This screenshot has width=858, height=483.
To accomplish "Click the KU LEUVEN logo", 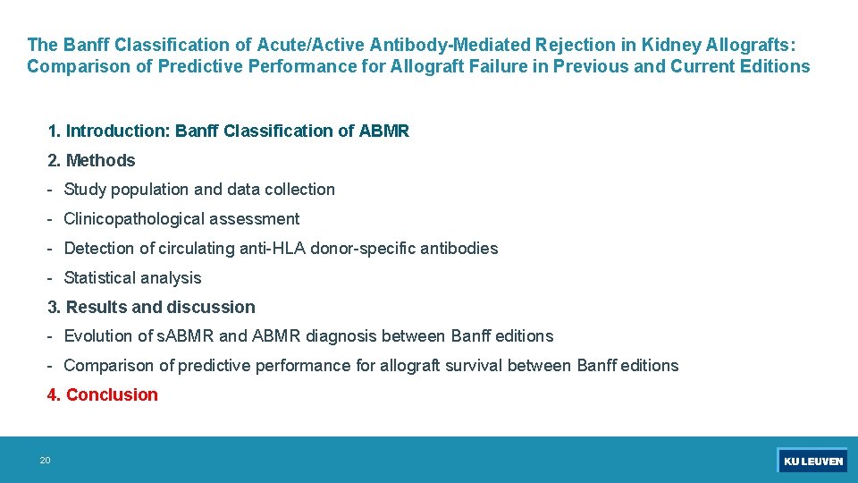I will (x=812, y=461).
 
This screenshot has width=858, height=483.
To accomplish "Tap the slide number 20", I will (x=45, y=461).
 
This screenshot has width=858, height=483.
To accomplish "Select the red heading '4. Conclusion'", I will (x=103, y=394).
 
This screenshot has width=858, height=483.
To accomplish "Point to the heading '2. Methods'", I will (x=91, y=160).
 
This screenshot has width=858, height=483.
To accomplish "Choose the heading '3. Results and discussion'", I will (x=151, y=307).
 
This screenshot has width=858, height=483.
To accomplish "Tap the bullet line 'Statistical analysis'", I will (x=132, y=277).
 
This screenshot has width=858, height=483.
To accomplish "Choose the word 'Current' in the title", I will (x=702, y=66).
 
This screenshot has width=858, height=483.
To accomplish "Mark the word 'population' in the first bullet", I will (x=148, y=189).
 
